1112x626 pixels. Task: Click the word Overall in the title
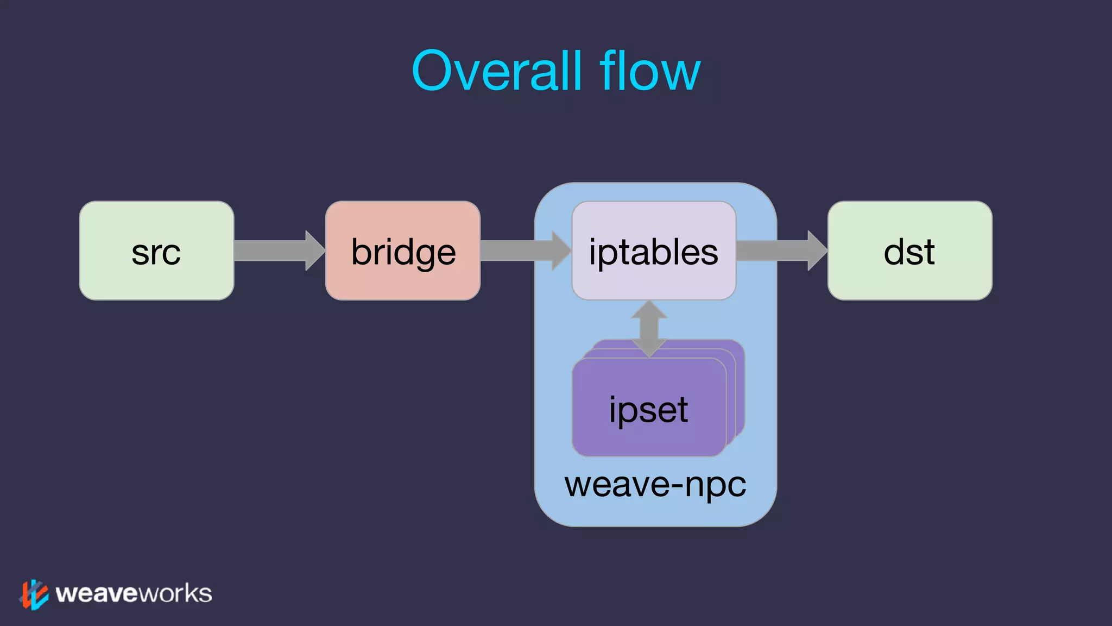coord(496,71)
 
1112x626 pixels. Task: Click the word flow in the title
coord(650,71)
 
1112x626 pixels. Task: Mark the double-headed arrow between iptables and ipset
coord(649,328)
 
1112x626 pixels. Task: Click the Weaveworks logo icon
coord(34,594)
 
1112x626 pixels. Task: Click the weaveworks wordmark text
coord(134,593)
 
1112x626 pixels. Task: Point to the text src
coord(156,253)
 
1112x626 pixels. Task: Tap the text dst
coord(909,253)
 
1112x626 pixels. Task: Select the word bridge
coord(403,253)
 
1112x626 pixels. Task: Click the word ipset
coord(648,410)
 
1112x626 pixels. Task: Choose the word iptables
coord(654,253)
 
